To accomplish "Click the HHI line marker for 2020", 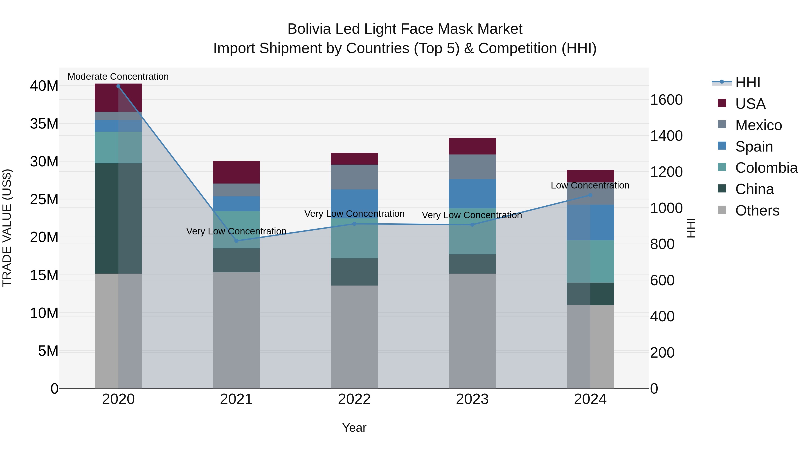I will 118,86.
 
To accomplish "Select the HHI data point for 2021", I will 236,241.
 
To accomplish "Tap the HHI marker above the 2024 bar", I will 590,195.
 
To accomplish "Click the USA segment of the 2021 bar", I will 236,172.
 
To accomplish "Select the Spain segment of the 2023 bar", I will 472,194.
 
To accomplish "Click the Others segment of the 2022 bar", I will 354,337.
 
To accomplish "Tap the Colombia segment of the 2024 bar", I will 590,261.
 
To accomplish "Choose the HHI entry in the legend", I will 747,82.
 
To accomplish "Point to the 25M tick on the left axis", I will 44,199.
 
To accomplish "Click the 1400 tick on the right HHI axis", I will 666,136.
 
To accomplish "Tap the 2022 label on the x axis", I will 354,399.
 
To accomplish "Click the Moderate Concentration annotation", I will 118,77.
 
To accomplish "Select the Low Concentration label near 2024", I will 590,185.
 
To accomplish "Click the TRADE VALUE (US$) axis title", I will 7,228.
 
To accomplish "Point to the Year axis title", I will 354,428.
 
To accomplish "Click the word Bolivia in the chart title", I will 309,29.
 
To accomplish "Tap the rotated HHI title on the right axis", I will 691,228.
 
